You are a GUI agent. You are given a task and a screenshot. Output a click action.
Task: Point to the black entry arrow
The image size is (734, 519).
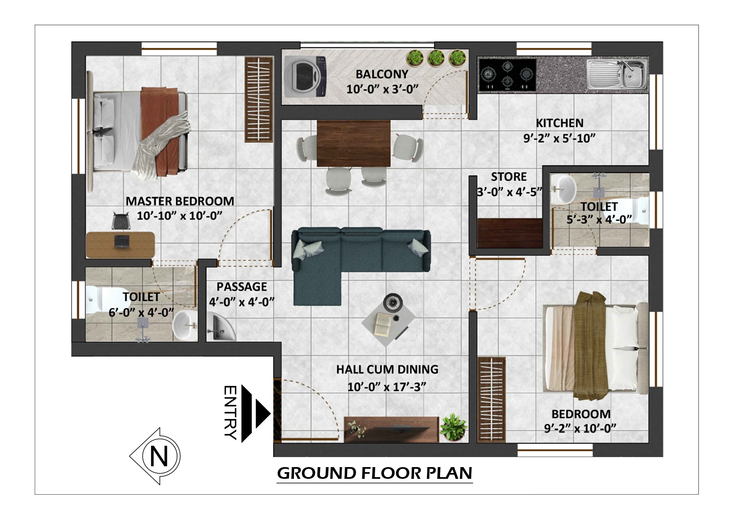(256, 414)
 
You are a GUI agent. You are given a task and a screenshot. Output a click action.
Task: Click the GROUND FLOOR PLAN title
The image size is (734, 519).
(374, 473)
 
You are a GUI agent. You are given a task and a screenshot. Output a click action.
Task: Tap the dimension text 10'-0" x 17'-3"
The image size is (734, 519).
(387, 387)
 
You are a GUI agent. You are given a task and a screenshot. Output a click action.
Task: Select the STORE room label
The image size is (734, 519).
(509, 177)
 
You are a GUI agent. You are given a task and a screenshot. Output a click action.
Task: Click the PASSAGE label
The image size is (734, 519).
(242, 287)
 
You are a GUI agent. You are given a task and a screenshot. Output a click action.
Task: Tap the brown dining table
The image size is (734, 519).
(354, 143)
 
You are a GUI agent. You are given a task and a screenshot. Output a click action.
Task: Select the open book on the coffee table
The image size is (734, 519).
(383, 324)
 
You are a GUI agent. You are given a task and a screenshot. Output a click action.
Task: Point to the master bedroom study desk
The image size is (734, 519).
(120, 245)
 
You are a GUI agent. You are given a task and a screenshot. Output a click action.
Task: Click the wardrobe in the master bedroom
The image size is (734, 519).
(258, 100)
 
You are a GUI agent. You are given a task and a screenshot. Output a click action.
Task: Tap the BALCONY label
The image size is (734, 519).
(382, 74)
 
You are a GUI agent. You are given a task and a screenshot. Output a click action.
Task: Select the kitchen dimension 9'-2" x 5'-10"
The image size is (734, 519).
(560, 138)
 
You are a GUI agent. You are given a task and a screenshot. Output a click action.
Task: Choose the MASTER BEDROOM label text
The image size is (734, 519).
(180, 201)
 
